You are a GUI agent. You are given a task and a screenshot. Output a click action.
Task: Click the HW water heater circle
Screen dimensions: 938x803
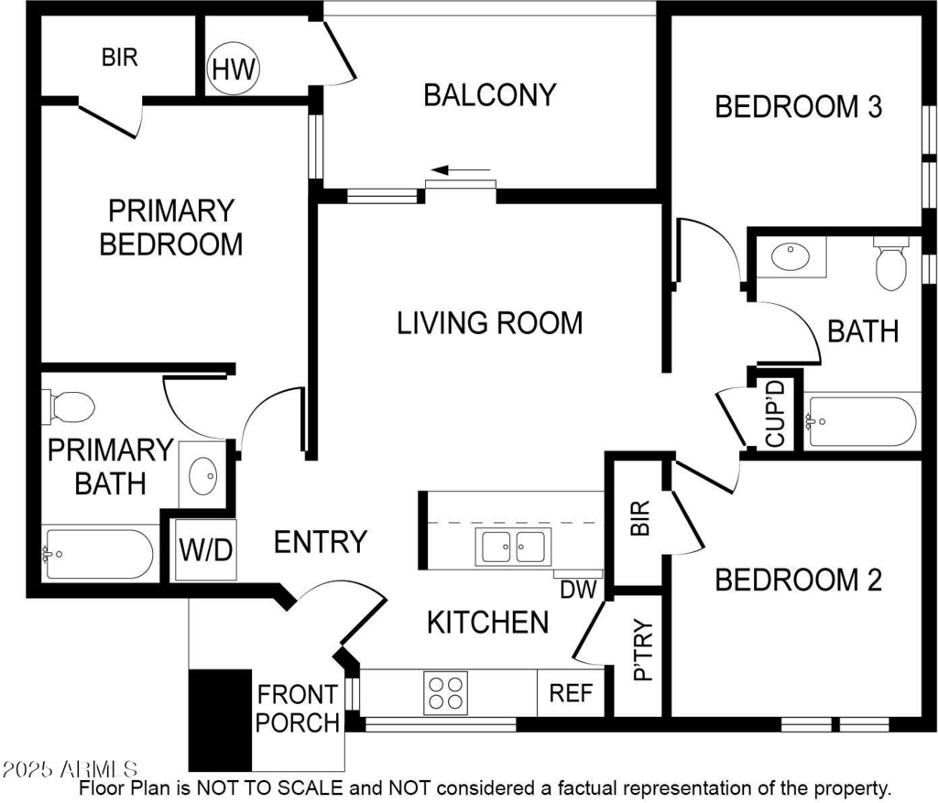pos(234,68)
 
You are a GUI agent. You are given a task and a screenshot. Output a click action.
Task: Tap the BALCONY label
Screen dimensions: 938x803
pos(490,95)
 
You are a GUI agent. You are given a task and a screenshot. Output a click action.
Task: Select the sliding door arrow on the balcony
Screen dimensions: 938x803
pos(461,170)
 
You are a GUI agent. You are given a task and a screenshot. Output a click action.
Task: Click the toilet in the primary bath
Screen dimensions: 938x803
pos(68,407)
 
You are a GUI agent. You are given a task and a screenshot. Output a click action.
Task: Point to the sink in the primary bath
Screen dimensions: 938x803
pos(202,476)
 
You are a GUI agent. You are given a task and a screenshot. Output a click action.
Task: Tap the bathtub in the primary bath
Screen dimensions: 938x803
pos(98,554)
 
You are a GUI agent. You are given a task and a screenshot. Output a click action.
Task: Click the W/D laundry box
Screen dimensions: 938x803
pos(205,549)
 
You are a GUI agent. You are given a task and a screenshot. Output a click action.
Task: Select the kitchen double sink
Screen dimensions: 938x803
pos(513,547)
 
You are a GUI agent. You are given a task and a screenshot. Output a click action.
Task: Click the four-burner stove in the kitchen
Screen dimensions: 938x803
pos(446,693)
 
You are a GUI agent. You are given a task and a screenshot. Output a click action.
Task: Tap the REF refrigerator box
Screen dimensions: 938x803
pos(571,693)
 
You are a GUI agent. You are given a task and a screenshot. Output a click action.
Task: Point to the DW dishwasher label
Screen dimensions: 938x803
pos(579,591)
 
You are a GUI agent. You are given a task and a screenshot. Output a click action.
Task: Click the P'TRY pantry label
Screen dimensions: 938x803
pos(643,650)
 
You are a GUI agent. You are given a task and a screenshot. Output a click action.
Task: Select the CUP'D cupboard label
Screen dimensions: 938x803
pos(775,415)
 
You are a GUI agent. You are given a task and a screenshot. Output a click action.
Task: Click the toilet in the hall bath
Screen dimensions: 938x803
pos(890,264)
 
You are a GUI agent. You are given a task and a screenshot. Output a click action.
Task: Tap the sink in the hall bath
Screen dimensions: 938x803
pos(791,256)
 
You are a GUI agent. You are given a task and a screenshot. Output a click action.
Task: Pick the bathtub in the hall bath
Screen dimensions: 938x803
pos(861,421)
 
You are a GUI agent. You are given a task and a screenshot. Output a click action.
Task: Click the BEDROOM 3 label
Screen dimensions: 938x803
pos(799,107)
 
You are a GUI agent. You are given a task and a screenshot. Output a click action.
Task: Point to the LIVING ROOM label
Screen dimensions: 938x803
pos(490,323)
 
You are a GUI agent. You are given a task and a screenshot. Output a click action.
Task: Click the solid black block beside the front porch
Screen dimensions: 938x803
pos(220,720)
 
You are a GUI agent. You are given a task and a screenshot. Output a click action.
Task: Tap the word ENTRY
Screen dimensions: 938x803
pos(320,542)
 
